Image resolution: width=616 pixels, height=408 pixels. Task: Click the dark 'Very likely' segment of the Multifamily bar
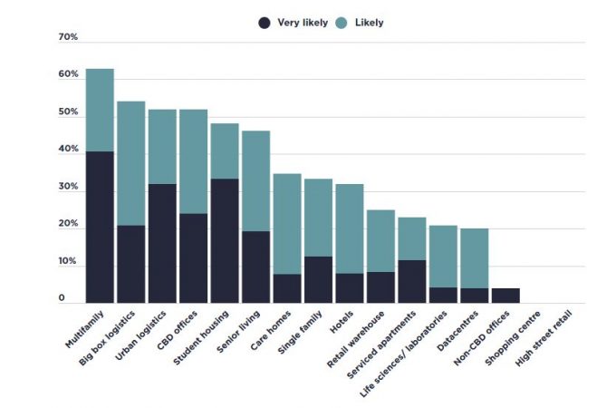pos(100,227)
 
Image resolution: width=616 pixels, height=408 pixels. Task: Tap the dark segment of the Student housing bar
pos(224,240)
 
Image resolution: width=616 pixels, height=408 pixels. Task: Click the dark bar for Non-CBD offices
pos(505,296)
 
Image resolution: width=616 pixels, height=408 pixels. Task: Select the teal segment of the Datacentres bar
pos(474,258)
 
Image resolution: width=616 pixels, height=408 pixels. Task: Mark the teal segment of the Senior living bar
pos(255,181)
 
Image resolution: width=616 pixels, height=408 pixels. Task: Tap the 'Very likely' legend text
pos(303,23)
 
